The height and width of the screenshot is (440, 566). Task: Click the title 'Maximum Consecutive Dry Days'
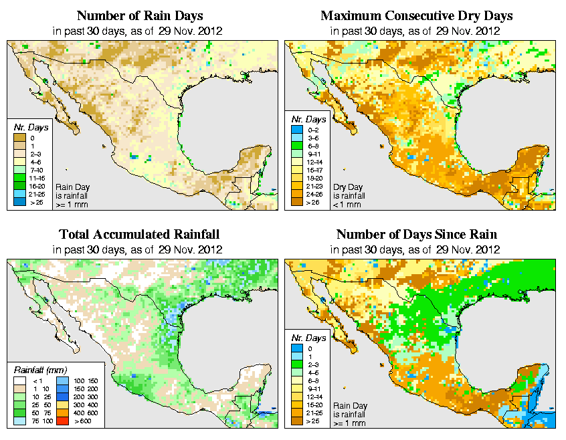click(x=416, y=15)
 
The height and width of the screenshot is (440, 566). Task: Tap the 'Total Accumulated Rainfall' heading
click(x=139, y=234)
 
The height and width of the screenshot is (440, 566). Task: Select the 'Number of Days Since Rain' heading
click(x=416, y=234)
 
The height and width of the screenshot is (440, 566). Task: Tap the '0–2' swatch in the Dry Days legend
click(x=295, y=128)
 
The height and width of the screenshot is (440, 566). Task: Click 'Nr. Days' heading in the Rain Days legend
click(x=27, y=127)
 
